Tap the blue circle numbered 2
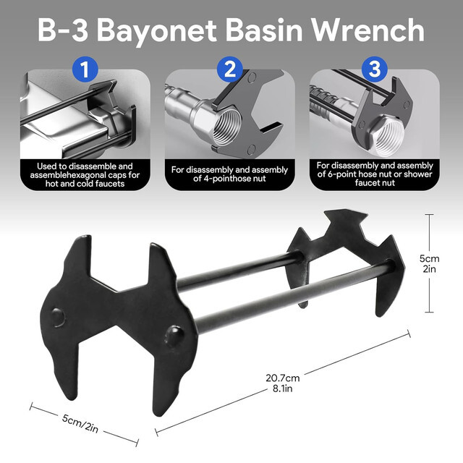[231, 70]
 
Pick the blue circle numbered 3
[374, 70]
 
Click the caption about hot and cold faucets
[85, 175]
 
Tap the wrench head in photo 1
[109, 109]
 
